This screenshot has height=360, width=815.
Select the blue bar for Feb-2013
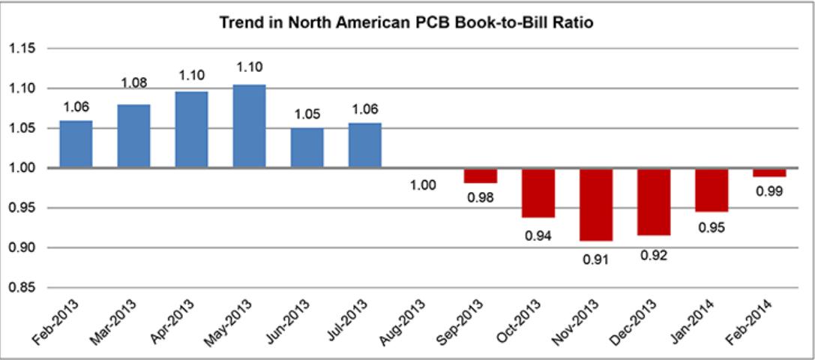point(76,144)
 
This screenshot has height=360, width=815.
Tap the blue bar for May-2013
point(249,127)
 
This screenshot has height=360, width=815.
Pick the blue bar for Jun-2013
point(307,148)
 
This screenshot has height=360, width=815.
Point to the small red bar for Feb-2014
point(769,172)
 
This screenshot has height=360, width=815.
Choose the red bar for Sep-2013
point(480,175)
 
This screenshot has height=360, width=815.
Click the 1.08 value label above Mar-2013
point(134,83)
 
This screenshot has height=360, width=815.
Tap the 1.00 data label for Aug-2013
point(423,184)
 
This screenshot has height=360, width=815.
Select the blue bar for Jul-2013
point(364,145)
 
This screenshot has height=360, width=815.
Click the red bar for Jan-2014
point(711,190)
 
